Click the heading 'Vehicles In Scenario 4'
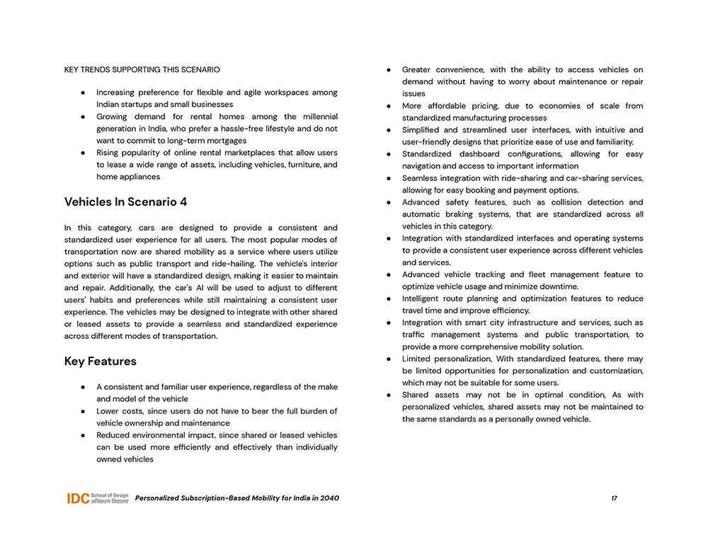pos(125,202)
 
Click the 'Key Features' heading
pos(100,362)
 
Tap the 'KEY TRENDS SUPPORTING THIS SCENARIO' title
pos(142,69)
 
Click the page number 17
pos(614,498)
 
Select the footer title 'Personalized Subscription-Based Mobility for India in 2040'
pos(236,498)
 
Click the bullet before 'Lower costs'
pos(84,411)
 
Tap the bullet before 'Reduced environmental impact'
pos(84,435)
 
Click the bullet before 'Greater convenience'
pos(389,70)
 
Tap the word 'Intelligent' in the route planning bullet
pos(423,299)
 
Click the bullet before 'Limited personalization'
pos(389,359)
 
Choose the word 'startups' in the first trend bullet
pos(146,105)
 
